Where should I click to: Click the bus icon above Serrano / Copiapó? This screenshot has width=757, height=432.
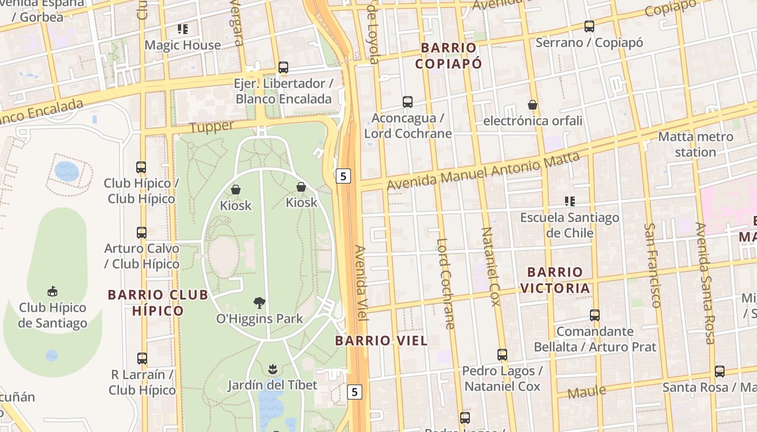(589, 26)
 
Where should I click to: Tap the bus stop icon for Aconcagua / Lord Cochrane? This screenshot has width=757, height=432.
(408, 102)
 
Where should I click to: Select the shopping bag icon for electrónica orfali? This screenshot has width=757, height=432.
(533, 105)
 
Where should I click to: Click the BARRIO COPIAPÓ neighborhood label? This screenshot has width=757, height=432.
(448, 56)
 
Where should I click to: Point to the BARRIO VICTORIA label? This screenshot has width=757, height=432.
(555, 280)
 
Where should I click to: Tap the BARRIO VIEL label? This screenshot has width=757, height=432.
(381, 341)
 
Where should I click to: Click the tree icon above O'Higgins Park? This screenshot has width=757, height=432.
(260, 302)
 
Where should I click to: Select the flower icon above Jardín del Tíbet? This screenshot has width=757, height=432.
(273, 369)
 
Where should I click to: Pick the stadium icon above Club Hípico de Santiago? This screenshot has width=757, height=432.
(52, 292)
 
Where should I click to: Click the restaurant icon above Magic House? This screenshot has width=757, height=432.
(183, 29)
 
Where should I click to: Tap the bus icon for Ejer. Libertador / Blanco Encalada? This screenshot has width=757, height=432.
(283, 67)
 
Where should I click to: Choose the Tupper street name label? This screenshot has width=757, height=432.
(212, 127)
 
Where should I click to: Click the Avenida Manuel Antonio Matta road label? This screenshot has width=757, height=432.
(483, 171)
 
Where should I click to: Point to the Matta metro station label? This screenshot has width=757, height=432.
(695, 144)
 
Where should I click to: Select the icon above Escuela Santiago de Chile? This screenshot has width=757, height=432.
(569, 201)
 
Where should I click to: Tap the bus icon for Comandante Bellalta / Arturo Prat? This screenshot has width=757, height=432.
(595, 315)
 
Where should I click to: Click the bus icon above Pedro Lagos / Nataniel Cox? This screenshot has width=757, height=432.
(502, 355)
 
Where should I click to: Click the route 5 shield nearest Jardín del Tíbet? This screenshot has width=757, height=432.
(354, 391)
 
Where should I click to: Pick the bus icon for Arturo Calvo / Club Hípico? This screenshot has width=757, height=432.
(142, 233)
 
